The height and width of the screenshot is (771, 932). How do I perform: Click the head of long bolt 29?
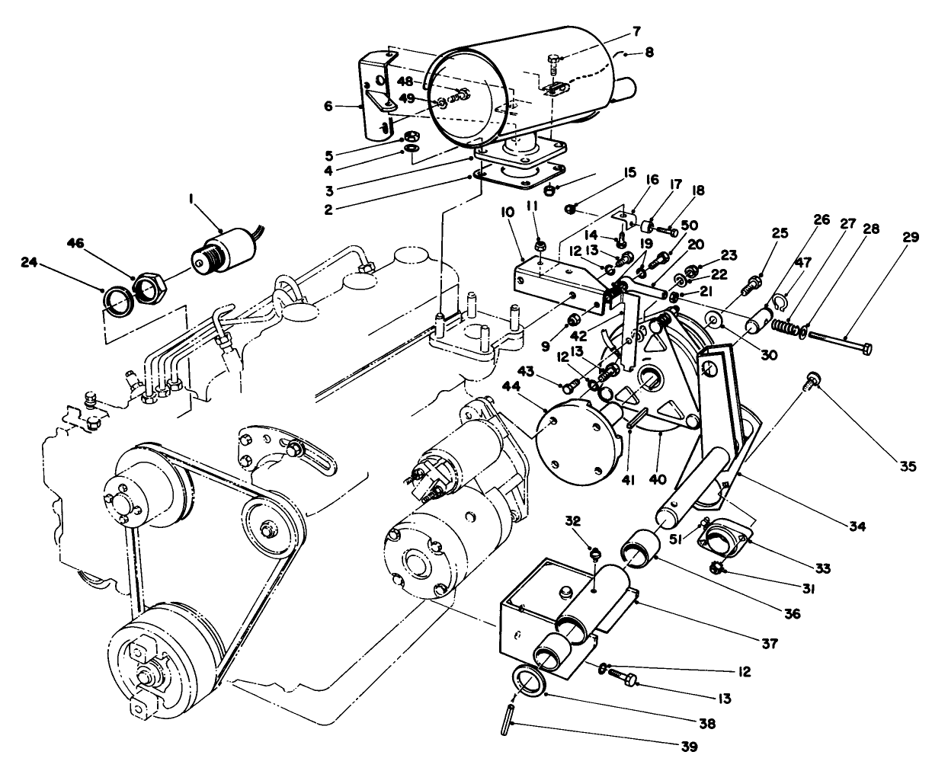click(865, 349)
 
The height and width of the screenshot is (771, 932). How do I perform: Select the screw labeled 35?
click(812, 378)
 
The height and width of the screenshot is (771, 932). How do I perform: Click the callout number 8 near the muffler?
click(649, 53)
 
